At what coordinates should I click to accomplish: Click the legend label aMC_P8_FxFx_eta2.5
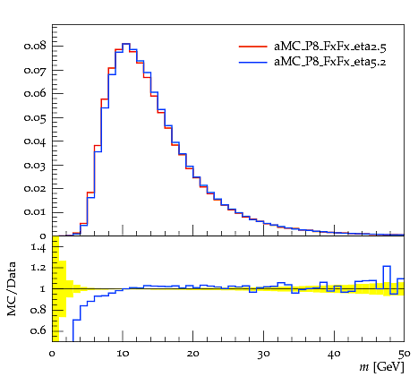pos(330,47)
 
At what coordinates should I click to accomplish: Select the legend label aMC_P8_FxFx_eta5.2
pos(330,62)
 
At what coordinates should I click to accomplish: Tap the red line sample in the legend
pos(252,47)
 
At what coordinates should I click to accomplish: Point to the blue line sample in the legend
pos(252,62)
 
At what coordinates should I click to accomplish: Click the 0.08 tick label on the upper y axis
pos(35,46)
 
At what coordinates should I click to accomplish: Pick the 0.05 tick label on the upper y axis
pos(35,117)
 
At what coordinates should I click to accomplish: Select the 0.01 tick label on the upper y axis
pos(35,212)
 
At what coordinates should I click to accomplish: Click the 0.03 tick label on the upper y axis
pos(35,165)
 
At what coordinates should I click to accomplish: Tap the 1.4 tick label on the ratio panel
pos(38,247)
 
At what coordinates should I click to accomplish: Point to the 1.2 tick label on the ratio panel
pos(38,268)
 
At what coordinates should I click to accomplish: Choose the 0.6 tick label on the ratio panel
pos(38,330)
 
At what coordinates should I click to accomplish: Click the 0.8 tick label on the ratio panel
pos(38,310)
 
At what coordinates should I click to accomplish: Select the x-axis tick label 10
pos(123,354)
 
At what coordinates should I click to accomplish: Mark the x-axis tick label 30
pos(263,354)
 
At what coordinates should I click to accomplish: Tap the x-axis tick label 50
pos(405,354)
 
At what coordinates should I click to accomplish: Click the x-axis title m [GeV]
pos(382,367)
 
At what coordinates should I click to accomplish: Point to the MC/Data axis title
pos(12,288)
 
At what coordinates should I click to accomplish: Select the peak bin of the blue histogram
pos(126,44)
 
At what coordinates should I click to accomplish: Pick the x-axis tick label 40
pos(334,354)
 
